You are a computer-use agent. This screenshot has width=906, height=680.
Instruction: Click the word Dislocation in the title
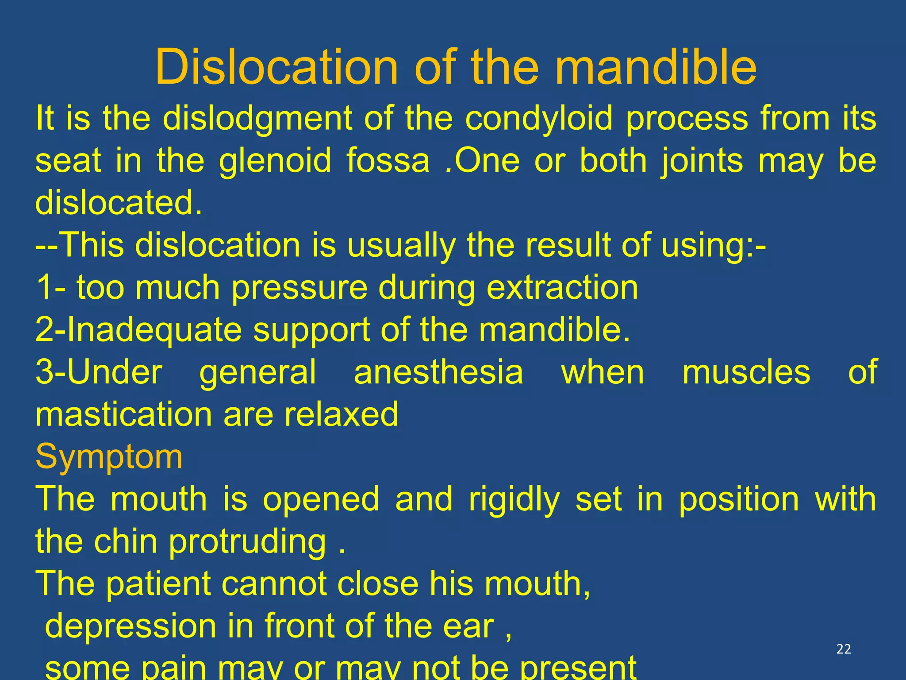point(276,67)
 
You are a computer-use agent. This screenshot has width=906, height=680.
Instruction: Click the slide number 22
point(844,649)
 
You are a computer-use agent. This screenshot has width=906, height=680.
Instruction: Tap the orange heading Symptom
point(109,456)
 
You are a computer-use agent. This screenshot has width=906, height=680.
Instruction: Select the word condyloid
point(539,119)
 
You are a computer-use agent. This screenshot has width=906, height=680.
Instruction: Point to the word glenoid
point(275,161)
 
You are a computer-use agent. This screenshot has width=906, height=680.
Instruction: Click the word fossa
point(388,161)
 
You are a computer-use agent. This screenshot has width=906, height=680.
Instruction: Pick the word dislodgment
point(257,119)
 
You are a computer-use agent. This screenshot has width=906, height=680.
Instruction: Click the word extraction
point(562,288)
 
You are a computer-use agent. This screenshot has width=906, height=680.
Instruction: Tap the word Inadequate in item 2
point(154,330)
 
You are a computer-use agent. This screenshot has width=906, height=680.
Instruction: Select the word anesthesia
point(438,372)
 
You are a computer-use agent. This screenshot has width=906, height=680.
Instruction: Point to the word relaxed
point(341,414)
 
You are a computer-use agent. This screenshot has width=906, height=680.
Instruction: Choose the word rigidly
point(514,499)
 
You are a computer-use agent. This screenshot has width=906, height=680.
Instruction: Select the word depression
point(131,626)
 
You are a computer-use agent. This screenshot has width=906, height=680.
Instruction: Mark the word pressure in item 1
point(299,288)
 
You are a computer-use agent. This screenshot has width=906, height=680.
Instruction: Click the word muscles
point(746,372)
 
